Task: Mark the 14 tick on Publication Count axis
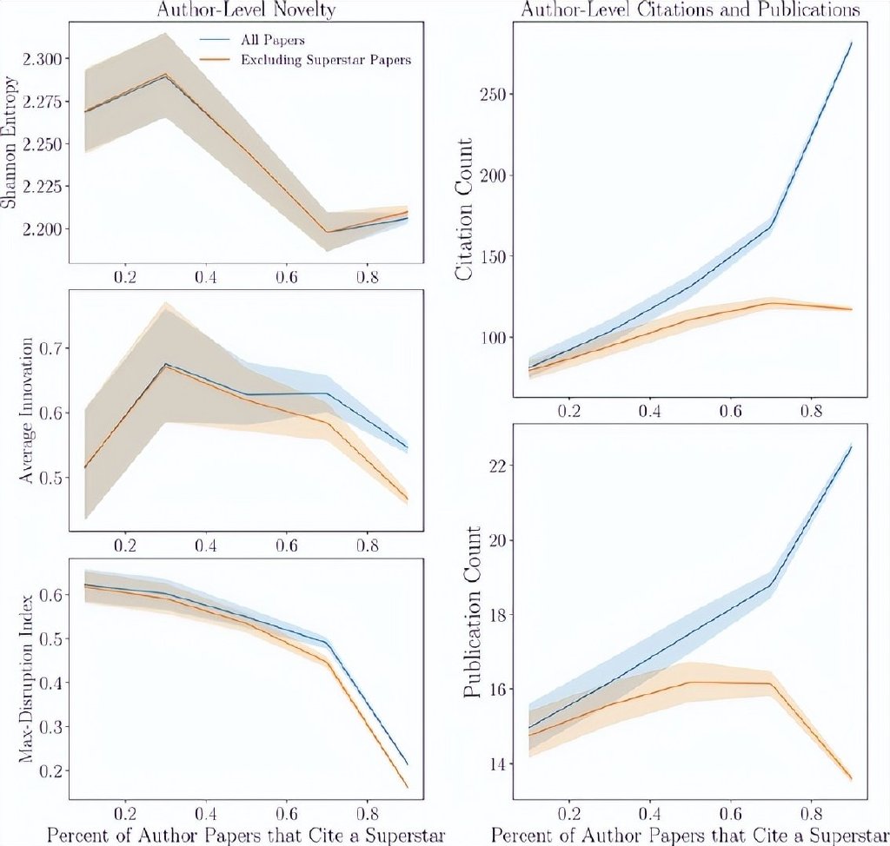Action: tap(498, 764)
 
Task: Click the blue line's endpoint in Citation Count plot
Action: tap(851, 42)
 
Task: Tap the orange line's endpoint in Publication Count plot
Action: tap(851, 779)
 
